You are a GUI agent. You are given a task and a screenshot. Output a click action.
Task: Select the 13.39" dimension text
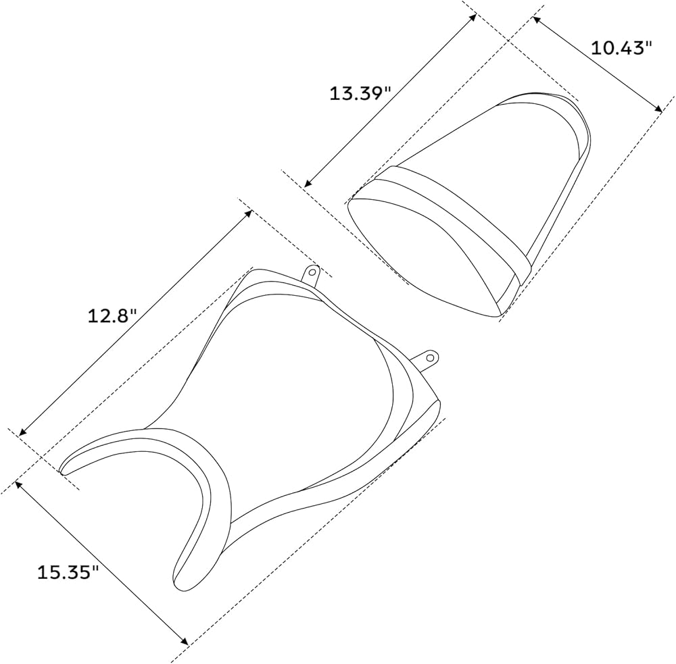[360, 93]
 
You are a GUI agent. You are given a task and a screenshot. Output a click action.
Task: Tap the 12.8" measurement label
[112, 316]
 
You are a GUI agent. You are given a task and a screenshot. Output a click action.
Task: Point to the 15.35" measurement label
[68, 573]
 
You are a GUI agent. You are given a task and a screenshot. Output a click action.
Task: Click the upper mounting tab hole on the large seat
[311, 272]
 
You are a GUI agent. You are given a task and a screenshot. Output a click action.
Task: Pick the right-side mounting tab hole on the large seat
[430, 357]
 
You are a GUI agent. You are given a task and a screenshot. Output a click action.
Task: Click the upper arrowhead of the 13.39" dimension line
[473, 17]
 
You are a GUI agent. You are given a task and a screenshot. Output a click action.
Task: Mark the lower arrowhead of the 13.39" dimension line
[308, 183]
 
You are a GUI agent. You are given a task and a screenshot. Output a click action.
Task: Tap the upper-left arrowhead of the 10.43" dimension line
[537, 20]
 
